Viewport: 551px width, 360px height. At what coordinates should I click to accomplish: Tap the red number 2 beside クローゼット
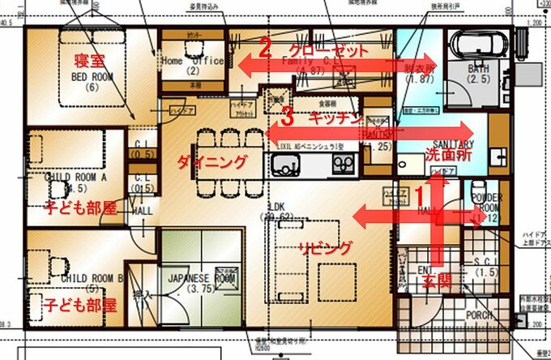coord(264,46)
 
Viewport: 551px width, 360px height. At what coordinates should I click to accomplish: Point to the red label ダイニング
coord(212,162)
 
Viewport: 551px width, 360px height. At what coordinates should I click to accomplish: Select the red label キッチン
coord(334,118)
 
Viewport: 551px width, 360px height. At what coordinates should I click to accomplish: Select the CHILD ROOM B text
coord(91,277)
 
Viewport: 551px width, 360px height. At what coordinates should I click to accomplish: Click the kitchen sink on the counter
coord(286,165)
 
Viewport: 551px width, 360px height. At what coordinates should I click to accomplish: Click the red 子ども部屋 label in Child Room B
coord(70,306)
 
